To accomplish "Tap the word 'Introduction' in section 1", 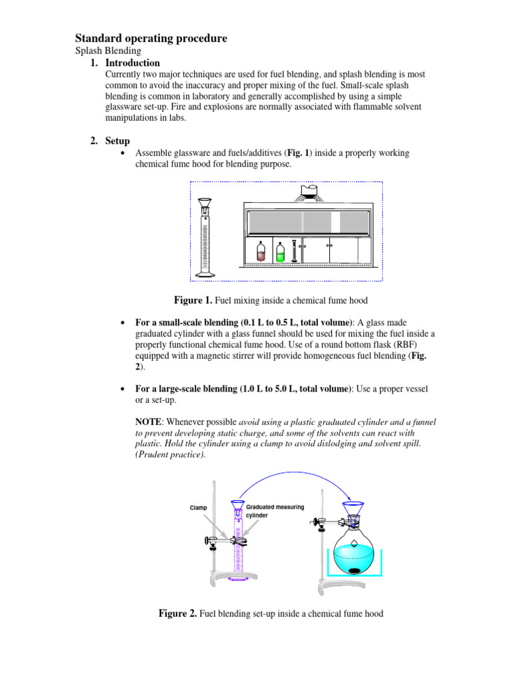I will click(x=133, y=63).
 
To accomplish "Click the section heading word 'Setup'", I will click(x=118, y=141).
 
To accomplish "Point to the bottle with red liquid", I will click(x=261, y=252).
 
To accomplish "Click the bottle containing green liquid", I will click(x=281, y=251).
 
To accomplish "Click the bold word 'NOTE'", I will click(x=149, y=422).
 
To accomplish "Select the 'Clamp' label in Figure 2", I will click(x=198, y=508).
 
